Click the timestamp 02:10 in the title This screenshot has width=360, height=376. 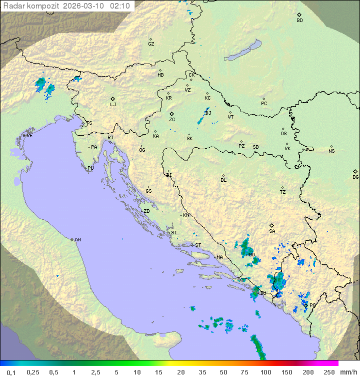119,6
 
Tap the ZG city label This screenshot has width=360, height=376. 172,120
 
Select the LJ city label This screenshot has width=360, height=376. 113,104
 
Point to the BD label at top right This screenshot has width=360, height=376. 299,21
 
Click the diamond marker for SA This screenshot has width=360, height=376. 272,225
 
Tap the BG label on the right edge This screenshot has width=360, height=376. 355,177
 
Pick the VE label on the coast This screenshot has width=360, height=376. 29,136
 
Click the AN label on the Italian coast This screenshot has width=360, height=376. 77,240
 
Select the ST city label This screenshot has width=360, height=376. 198,245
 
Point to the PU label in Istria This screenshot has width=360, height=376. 90,168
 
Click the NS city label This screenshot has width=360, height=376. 331,151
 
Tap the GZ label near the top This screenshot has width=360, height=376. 151,44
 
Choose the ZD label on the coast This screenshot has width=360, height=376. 146,211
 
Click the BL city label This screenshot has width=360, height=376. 223,180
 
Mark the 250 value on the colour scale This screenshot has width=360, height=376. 328,372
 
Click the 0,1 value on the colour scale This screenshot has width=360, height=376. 11,372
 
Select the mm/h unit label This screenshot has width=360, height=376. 347,372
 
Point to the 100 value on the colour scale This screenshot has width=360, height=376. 265,372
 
